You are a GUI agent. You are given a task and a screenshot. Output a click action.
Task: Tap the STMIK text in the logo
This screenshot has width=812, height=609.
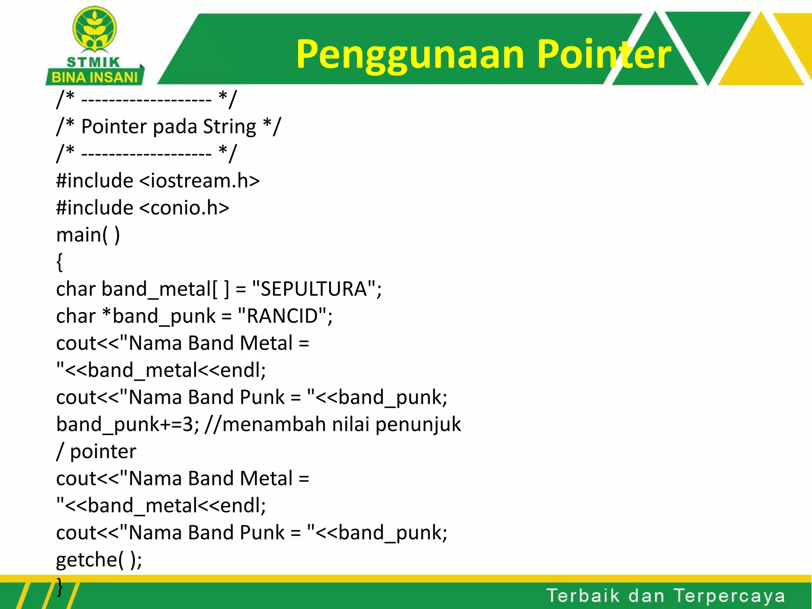[x=93, y=62]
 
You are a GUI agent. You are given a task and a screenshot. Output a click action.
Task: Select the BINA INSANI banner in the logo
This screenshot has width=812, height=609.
[x=94, y=77]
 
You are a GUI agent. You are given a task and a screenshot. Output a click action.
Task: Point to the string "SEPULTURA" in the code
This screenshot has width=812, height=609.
[x=313, y=289]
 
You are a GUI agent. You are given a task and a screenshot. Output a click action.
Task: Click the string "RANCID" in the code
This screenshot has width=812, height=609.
[x=283, y=316]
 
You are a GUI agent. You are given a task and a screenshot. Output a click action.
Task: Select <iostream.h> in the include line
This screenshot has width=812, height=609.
[x=199, y=181]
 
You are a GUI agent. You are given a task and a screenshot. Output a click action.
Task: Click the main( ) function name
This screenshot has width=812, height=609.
[x=88, y=235]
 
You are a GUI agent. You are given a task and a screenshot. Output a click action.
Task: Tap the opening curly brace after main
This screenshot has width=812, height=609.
[x=59, y=262]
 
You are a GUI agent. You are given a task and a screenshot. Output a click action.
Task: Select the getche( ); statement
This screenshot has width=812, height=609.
[x=99, y=560]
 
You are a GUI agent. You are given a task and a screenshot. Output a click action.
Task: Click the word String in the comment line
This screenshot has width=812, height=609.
[x=230, y=127]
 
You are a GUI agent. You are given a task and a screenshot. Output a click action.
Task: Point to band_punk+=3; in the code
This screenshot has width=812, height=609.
[x=128, y=425]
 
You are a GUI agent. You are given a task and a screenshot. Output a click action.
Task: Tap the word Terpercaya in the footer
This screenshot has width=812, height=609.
[x=730, y=596]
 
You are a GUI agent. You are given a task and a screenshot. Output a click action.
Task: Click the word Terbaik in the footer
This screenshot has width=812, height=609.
[x=583, y=596]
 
